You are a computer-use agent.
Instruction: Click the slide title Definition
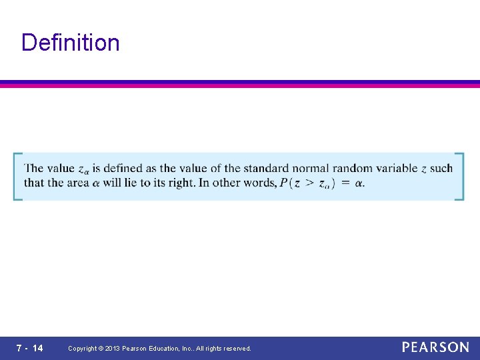click(x=70, y=43)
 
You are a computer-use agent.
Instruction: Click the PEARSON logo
click(x=435, y=347)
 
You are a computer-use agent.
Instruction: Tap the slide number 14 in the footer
click(x=37, y=348)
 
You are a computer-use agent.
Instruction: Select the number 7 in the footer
click(x=20, y=348)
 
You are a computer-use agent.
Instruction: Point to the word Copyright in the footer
click(x=83, y=349)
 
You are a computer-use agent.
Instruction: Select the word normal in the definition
click(x=309, y=169)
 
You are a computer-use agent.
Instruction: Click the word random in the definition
click(x=353, y=169)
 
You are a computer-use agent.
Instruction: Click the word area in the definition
click(x=78, y=183)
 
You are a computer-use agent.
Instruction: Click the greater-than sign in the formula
click(x=309, y=183)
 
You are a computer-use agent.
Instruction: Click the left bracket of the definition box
click(x=16, y=177)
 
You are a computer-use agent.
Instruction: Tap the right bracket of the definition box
click(x=460, y=177)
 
